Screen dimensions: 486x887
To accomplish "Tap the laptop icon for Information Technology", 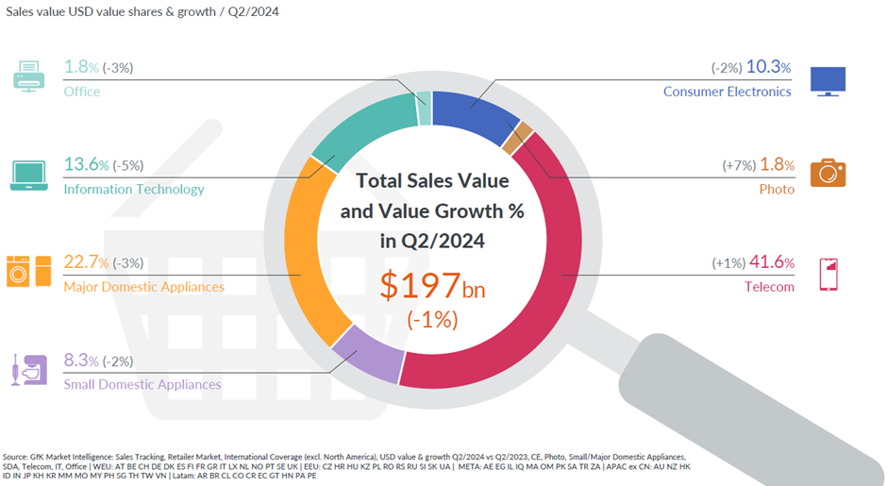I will click(x=29, y=176).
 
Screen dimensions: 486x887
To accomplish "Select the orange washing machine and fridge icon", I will click(x=29, y=271).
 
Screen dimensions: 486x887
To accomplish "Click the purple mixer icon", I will click(x=27, y=369).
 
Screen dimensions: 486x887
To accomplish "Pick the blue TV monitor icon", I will click(x=828, y=80).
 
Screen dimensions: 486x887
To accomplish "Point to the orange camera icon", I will click(x=828, y=173).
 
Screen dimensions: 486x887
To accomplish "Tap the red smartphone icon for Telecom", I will click(x=828, y=273).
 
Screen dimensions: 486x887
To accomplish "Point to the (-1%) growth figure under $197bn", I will click(x=432, y=320).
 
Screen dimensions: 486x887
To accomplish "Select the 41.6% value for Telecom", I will click(x=770, y=263).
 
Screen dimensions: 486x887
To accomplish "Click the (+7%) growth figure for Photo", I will click(x=740, y=165).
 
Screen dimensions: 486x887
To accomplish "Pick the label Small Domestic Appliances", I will click(x=142, y=384).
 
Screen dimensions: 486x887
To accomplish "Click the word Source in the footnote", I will click(x=21, y=455).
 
